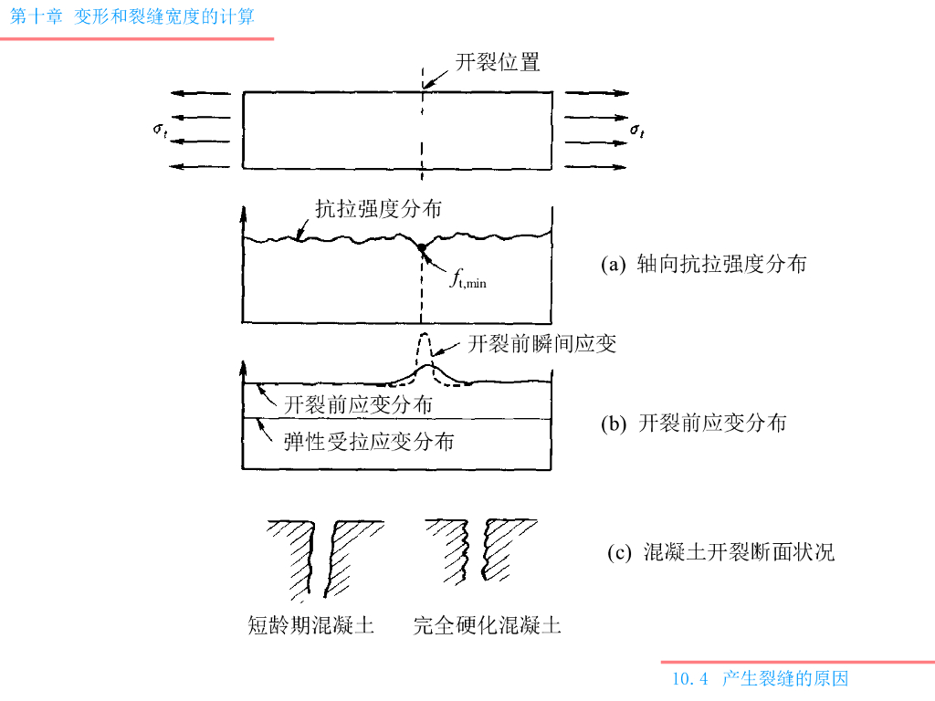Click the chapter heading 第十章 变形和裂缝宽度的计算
pyautogui.click(x=132, y=16)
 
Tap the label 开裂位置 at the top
pyautogui.click(x=498, y=62)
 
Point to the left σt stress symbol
pyautogui.click(x=160, y=130)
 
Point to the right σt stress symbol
pyautogui.click(x=637, y=131)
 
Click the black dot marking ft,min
pyautogui.click(x=421, y=247)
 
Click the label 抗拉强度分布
pyautogui.click(x=378, y=209)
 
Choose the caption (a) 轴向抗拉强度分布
pyautogui.click(x=704, y=265)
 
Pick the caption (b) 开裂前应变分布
pyautogui.click(x=694, y=424)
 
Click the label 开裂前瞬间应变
pyautogui.click(x=541, y=344)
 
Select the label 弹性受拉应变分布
pyautogui.click(x=369, y=442)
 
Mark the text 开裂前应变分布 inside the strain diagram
pyautogui.click(x=358, y=403)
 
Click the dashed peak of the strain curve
pyautogui.click(x=423, y=338)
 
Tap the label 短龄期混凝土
pyautogui.click(x=311, y=626)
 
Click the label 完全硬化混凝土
pyautogui.click(x=487, y=626)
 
